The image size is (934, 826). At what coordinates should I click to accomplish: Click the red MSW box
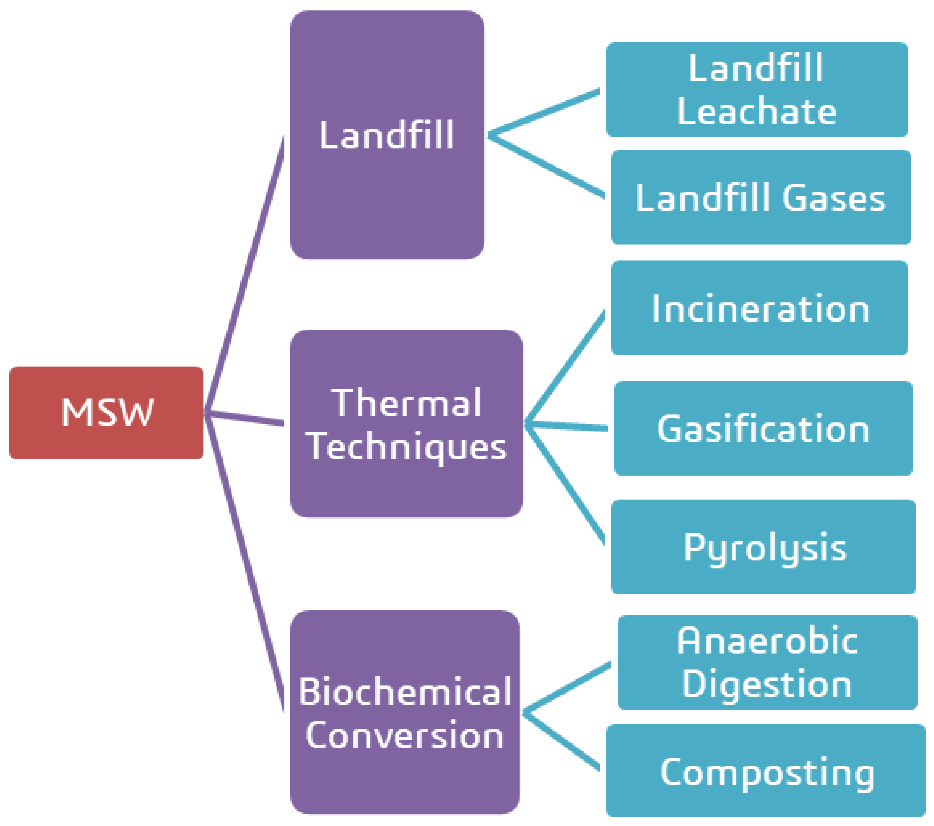pyautogui.click(x=106, y=412)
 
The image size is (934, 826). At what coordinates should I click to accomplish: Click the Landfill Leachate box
pyautogui.click(x=757, y=89)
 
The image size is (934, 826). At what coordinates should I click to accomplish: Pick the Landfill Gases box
pyautogui.click(x=761, y=197)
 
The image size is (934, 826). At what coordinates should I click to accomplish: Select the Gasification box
pyautogui.click(x=763, y=428)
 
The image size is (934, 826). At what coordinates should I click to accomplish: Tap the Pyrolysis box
pyautogui.click(x=763, y=547)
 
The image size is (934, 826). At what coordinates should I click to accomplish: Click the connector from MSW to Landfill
pyautogui.click(x=245, y=274)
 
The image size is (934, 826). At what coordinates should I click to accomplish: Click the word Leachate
pyautogui.click(x=757, y=112)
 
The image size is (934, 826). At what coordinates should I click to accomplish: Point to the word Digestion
pyautogui.click(x=767, y=684)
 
